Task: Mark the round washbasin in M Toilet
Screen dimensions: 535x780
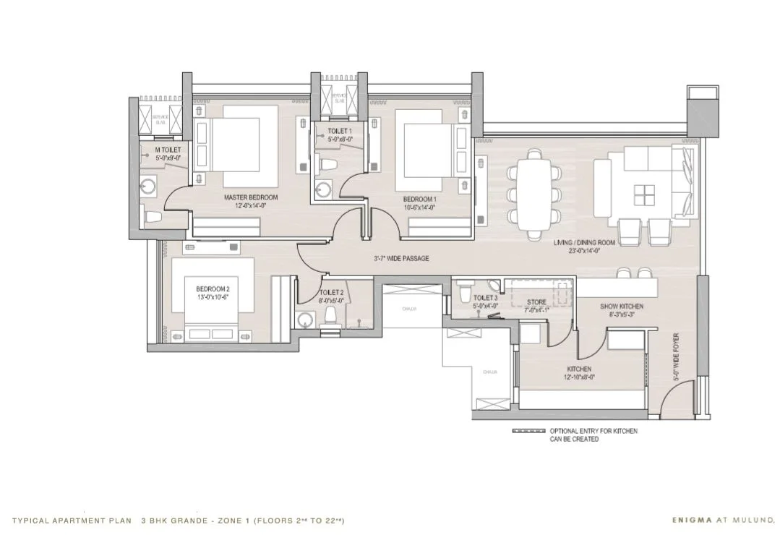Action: [149, 186]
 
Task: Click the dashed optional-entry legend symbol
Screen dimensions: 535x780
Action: [528, 430]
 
